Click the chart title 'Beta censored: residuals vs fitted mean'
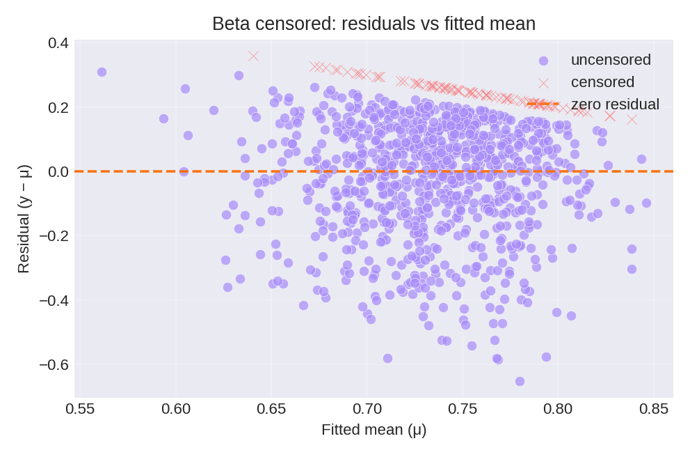pyautogui.click(x=374, y=24)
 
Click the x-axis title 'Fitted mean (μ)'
pyautogui.click(x=374, y=430)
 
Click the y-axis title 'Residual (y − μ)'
pyautogui.click(x=23, y=219)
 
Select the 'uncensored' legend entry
pyautogui.click(x=610, y=60)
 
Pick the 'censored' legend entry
pyautogui.click(x=602, y=82)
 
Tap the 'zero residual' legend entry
pyautogui.click(x=615, y=104)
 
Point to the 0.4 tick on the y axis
pyautogui.click(x=58, y=43)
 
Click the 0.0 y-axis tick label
pyautogui.click(x=58, y=171)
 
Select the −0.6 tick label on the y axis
pyautogui.click(x=54, y=364)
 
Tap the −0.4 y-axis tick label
pyautogui.click(x=54, y=300)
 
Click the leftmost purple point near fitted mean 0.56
pyautogui.click(x=102, y=72)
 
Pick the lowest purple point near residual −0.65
pyautogui.click(x=520, y=381)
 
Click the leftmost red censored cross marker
pyautogui.click(x=253, y=56)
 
